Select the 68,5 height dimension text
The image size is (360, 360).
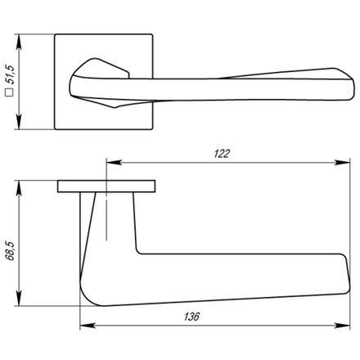11,249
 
